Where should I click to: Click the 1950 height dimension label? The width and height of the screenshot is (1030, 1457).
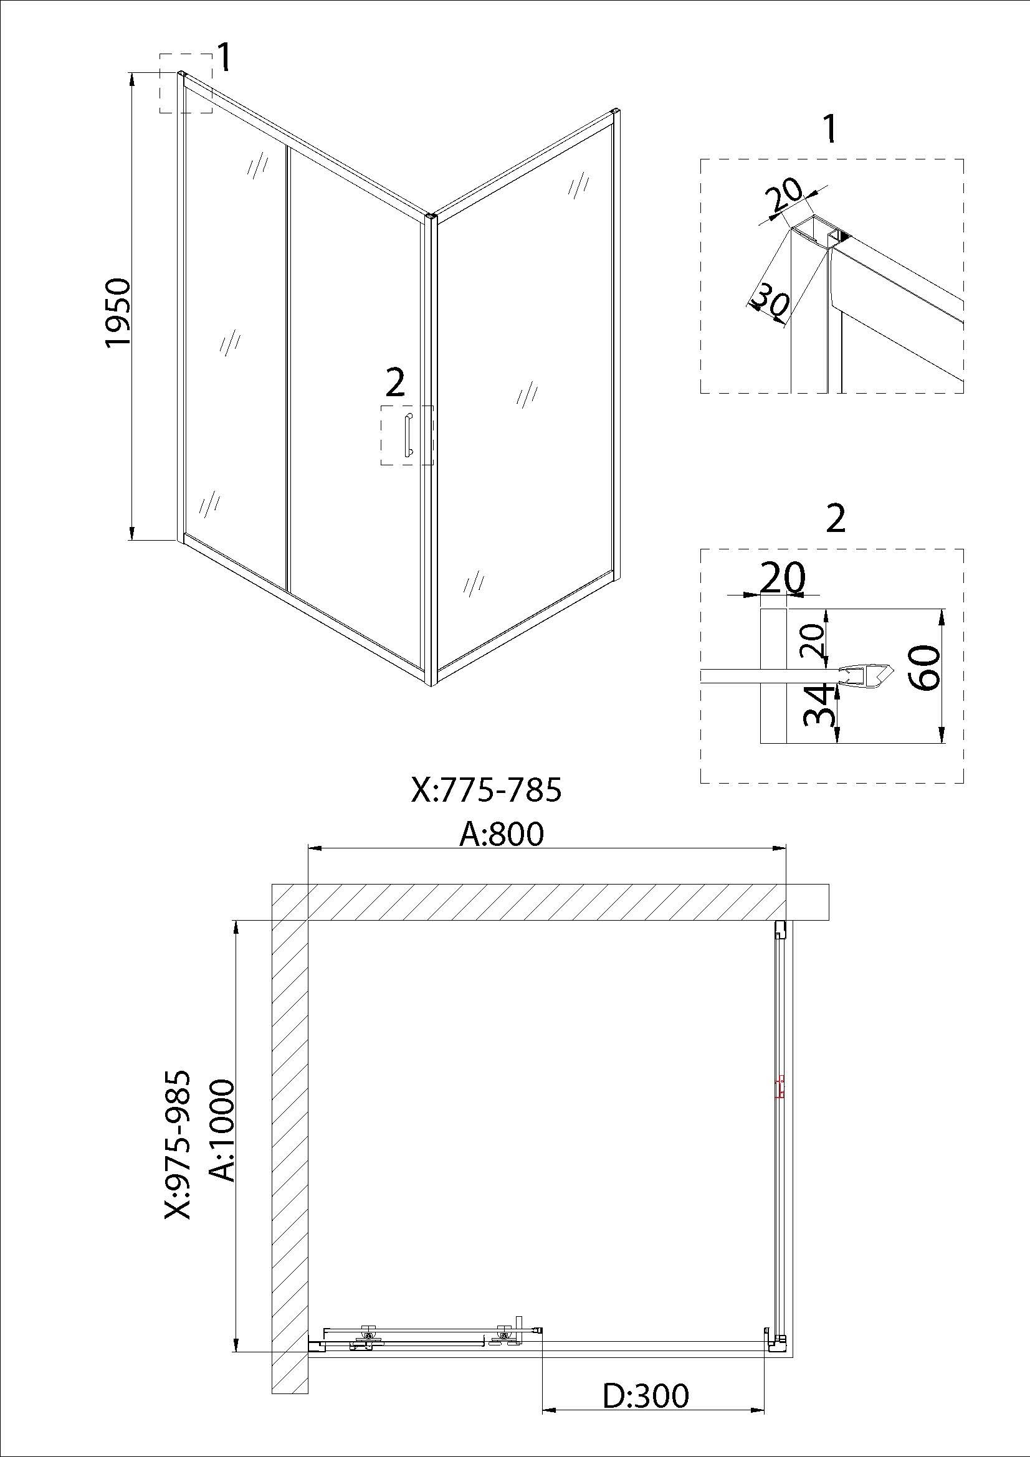[x=118, y=312]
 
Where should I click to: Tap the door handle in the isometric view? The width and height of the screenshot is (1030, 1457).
[x=408, y=435]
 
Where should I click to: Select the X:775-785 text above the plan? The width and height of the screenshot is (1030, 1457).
[x=486, y=790]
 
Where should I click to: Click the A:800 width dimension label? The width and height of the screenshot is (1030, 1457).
[x=502, y=833]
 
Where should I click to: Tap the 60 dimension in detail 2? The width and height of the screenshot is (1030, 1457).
[x=923, y=668]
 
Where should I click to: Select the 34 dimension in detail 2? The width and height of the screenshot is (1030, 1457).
[x=819, y=704]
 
